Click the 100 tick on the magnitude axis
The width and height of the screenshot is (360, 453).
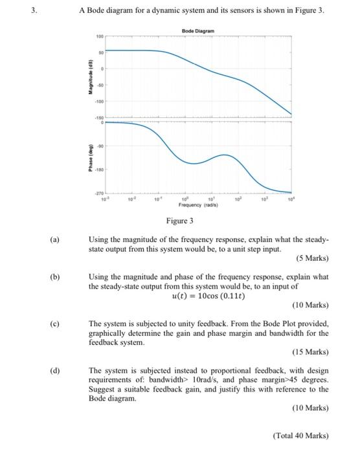pyautogui.click(x=100, y=36)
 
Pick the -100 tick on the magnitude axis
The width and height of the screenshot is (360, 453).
pyautogui.click(x=99, y=100)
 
